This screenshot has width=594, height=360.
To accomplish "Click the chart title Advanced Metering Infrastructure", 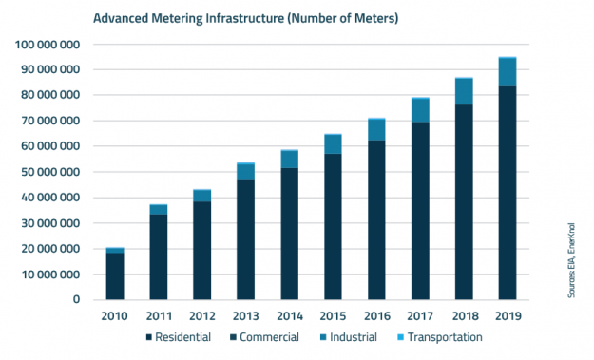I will (x=244, y=18).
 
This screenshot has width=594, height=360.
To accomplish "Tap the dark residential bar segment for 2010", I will (x=114, y=276).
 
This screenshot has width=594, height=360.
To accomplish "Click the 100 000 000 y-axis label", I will (x=53, y=45).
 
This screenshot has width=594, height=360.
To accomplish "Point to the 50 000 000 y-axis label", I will (x=53, y=172).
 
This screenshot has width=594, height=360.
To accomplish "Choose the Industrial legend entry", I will (x=346, y=337).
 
